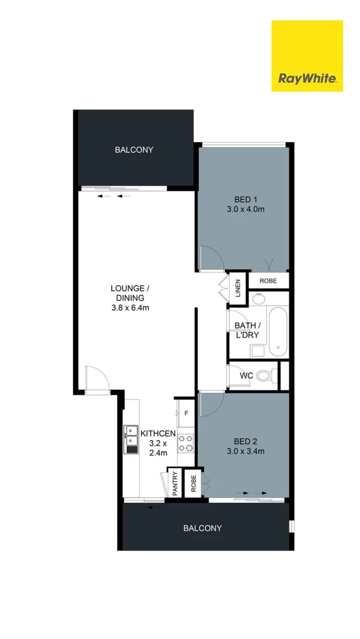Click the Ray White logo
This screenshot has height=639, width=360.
coord(307,56)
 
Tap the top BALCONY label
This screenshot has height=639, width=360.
coord(134,150)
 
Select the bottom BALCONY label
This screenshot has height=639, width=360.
coord(202,528)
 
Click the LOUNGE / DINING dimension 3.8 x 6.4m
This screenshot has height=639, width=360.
coord(130,308)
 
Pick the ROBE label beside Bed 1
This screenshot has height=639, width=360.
coord(269,280)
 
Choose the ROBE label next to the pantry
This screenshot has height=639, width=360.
coord(192,484)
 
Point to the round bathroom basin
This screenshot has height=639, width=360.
coord(258,299)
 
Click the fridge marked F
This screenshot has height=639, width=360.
coord(186,413)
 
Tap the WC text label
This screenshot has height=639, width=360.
coord(247,376)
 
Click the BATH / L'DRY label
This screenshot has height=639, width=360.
coord(247,330)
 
